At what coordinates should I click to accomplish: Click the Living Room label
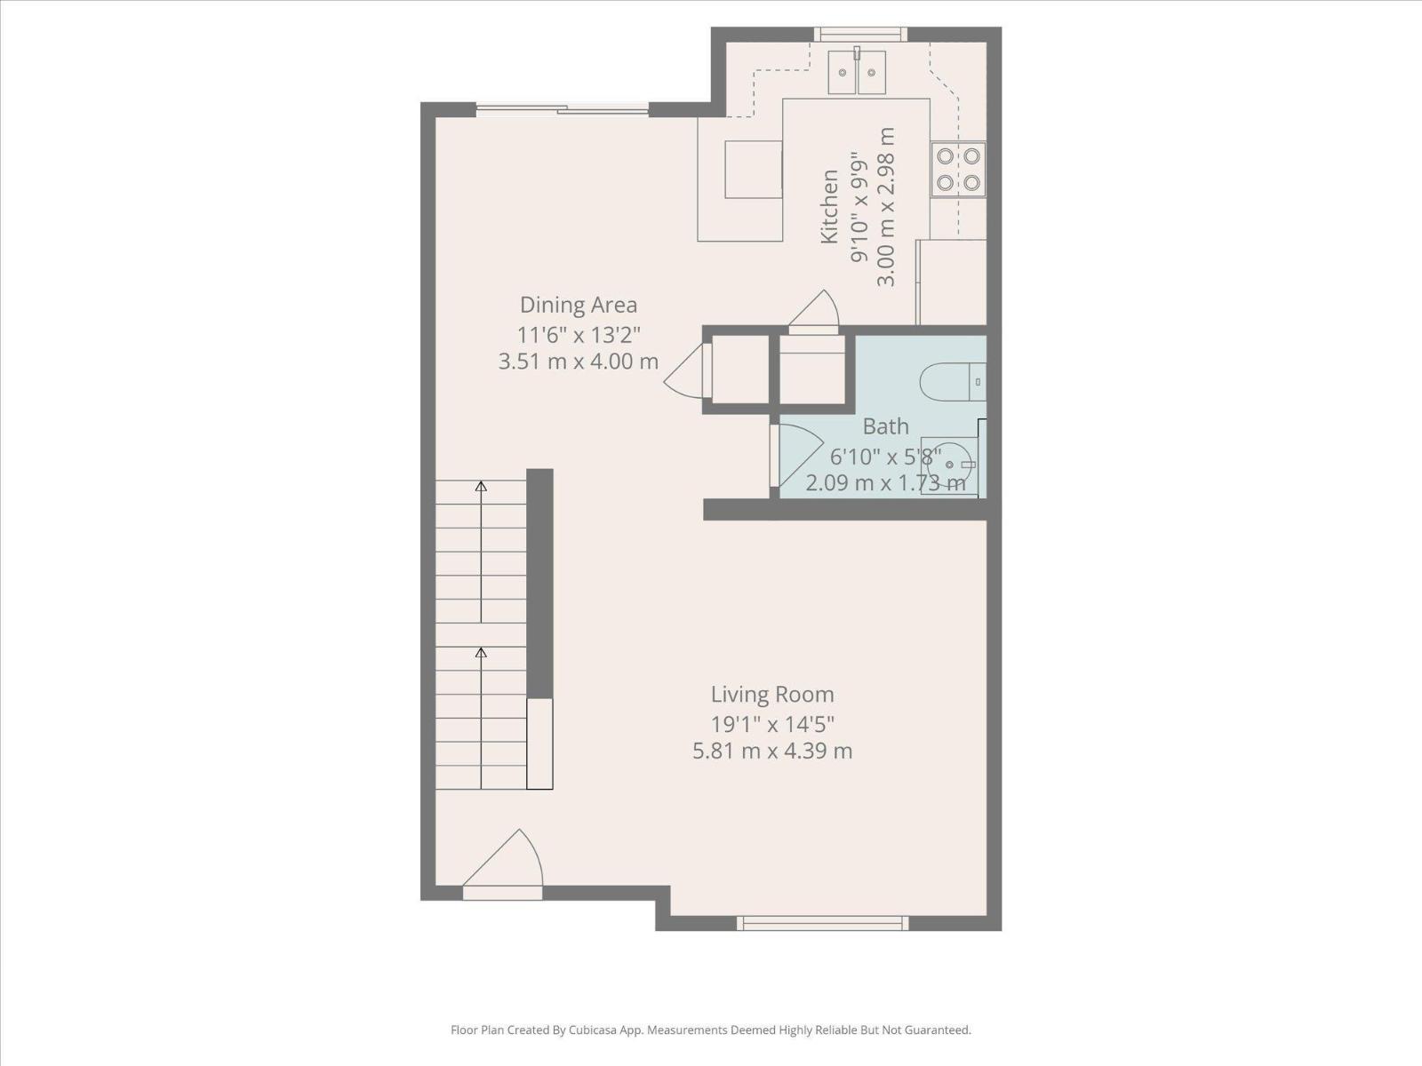tap(771, 694)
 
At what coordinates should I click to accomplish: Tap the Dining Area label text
tap(578, 305)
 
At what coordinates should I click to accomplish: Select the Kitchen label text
tap(828, 206)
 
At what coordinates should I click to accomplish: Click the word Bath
tap(885, 426)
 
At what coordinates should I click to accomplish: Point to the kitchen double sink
tap(857, 72)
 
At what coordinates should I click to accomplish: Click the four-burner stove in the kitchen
tap(958, 169)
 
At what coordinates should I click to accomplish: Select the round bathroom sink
tap(951, 465)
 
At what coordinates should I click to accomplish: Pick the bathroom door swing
tap(795, 453)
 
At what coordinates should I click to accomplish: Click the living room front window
tap(822, 923)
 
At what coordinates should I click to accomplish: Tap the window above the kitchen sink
tap(859, 35)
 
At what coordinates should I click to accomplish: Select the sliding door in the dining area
tap(562, 109)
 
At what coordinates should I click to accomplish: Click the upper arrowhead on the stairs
tap(481, 486)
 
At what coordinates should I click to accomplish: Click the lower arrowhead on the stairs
tap(481, 653)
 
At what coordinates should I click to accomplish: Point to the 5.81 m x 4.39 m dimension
tap(771, 751)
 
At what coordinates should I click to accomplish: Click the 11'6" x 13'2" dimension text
tap(578, 334)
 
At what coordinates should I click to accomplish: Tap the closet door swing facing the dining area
tap(686, 371)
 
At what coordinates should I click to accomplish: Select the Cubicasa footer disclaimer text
tap(710, 1030)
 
